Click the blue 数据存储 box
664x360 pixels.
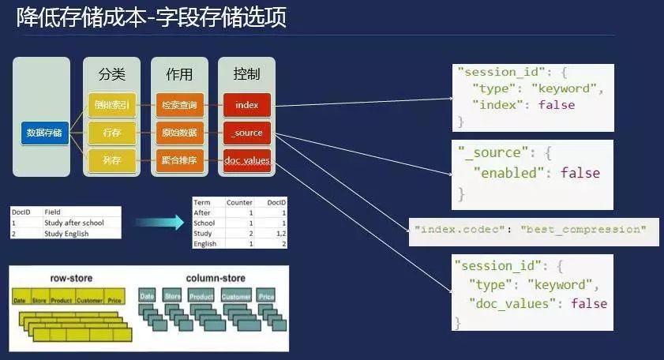(x=45, y=133)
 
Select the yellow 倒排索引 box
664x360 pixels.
(x=111, y=104)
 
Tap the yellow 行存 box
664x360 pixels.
(x=111, y=133)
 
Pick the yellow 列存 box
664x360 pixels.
(x=111, y=160)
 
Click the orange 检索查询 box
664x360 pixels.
(x=179, y=104)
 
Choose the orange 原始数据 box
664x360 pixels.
(x=179, y=133)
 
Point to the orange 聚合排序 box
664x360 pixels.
(x=179, y=160)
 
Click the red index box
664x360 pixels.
(x=247, y=104)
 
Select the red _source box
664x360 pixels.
(x=247, y=133)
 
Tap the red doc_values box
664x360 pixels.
(x=247, y=160)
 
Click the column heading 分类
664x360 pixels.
(x=111, y=74)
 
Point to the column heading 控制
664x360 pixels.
(x=246, y=74)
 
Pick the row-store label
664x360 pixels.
(x=69, y=278)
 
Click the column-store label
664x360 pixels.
(x=216, y=278)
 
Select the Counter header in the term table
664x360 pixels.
(x=239, y=203)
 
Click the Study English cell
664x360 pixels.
(x=66, y=234)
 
